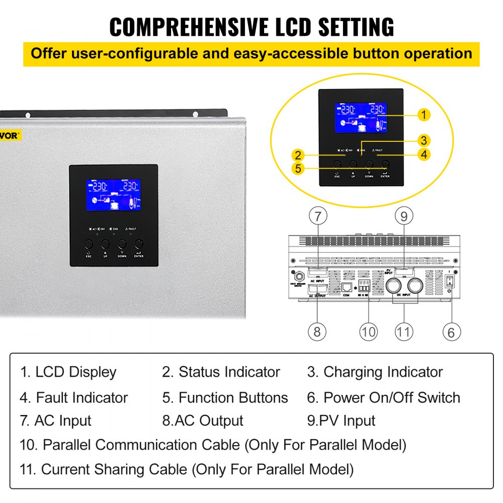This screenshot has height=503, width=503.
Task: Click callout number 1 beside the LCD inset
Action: [424, 115]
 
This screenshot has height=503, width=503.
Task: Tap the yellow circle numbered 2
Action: [298, 155]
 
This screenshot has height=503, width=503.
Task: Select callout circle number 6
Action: [451, 332]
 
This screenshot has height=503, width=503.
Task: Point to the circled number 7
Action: [318, 216]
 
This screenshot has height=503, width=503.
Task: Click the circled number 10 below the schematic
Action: [368, 332]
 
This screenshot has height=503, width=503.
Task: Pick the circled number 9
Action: [404, 216]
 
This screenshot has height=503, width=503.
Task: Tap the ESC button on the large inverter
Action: [89, 244]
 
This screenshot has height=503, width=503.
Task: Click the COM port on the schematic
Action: [347, 287]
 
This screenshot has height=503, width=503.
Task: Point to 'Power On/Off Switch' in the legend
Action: [391, 397]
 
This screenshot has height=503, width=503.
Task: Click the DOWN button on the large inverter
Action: [122, 244]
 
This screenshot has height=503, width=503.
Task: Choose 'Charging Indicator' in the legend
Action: [383, 372]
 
